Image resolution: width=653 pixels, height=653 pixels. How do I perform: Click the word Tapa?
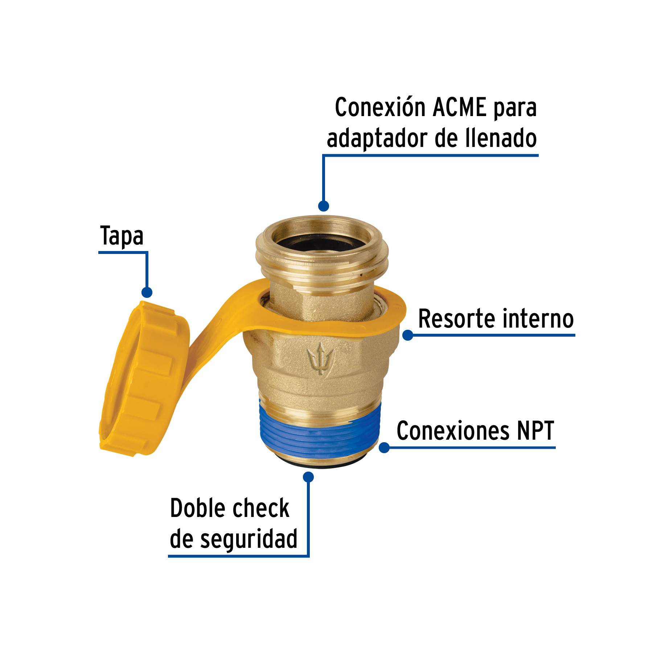tap(122, 236)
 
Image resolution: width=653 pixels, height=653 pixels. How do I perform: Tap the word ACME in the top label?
tap(460, 107)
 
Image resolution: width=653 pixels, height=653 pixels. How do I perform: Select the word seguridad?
tap(249, 539)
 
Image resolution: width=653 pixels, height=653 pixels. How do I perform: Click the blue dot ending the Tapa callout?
tap(147, 292)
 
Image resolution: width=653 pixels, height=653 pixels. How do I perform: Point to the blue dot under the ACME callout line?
tap(323, 206)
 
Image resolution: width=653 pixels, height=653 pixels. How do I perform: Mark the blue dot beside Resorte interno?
tap(408, 335)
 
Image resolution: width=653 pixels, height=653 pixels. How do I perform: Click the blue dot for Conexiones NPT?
tap(384, 447)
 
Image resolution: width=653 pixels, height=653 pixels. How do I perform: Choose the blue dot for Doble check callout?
tap(308, 477)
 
